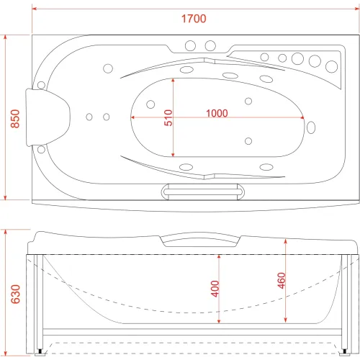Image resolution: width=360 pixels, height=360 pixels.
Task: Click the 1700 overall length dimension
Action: [x=194, y=19]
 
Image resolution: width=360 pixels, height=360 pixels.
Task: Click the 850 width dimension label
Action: [x=15, y=119]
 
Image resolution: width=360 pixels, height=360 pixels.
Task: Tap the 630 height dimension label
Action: [x=15, y=294]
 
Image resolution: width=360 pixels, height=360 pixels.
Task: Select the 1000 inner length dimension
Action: [x=217, y=113]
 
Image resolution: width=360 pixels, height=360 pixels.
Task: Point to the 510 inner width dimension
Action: [x=168, y=117]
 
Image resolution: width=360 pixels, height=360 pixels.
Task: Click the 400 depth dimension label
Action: [x=215, y=289]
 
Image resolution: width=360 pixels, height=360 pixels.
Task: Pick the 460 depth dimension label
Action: [x=282, y=280]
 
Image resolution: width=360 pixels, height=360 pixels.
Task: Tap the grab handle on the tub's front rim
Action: [x=203, y=192]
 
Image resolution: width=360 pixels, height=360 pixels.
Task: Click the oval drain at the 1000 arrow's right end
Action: [x=311, y=127]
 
